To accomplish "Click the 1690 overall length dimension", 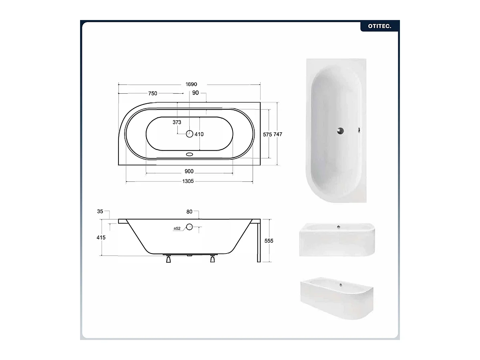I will coord(191,84).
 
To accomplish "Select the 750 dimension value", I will coord(153,93).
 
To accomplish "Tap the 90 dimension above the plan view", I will coord(195,93).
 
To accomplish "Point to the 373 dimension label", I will coord(177,122).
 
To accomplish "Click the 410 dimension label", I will coord(199,134).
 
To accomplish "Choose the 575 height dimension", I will coord(267,135).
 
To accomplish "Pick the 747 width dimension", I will coord(278,135).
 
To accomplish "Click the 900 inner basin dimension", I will coord(189,171).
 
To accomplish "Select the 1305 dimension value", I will coord(188,181).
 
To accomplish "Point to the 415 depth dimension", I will coord(101,237).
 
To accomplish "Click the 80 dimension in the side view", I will coord(189,211).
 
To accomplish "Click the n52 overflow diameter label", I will coord(177,229).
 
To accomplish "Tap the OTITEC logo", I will coord(379,26).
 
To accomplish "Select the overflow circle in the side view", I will coord(189,227).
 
